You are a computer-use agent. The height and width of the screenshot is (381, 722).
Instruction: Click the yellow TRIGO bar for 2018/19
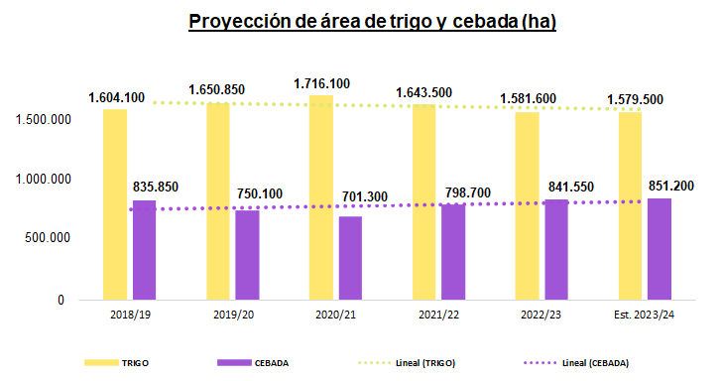115,203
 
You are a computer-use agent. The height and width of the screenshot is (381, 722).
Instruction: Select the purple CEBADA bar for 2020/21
350,257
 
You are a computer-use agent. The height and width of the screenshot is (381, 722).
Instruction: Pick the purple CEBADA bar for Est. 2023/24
660,248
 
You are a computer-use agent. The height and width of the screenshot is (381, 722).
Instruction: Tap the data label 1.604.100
116,97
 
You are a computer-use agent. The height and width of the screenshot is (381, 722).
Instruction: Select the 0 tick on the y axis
60,299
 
